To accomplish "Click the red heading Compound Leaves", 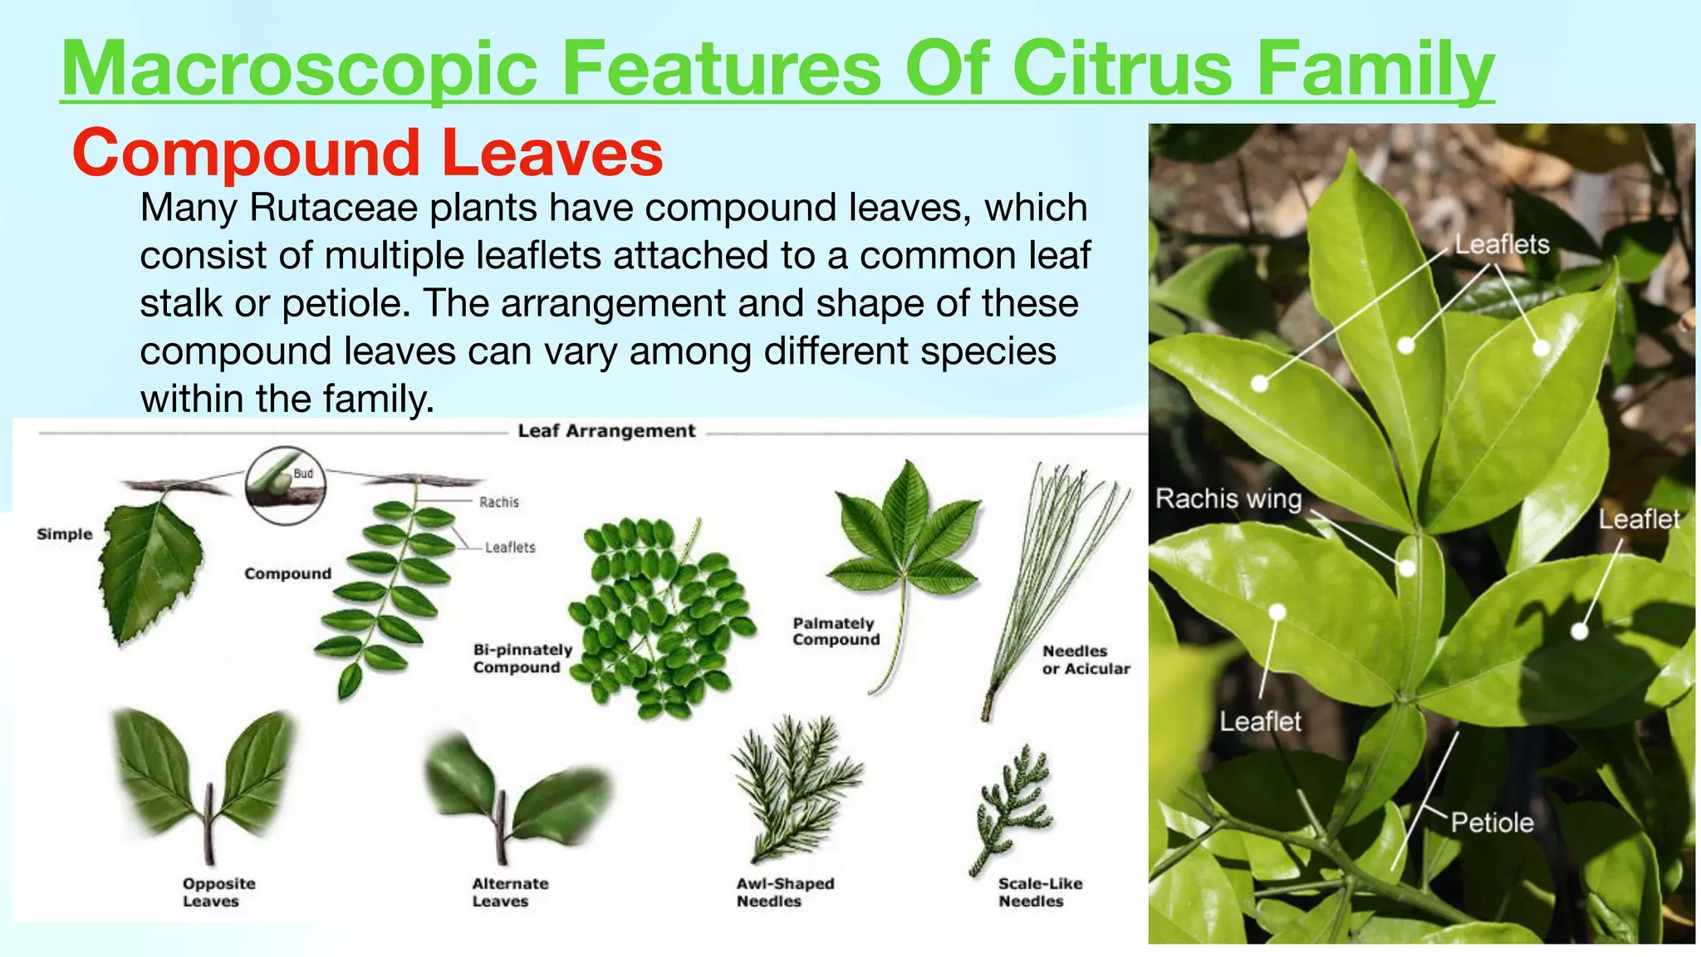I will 368,153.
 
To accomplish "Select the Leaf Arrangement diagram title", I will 606,431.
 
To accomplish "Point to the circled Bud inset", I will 285,485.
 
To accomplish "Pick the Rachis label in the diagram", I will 498,503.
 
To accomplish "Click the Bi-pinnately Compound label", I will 522,659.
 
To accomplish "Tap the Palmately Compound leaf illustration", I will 905,540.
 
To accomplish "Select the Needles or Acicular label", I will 1086,660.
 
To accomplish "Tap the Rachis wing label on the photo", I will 1228,499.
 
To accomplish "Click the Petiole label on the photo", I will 1492,823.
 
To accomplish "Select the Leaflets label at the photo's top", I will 1502,245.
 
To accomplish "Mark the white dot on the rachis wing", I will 1406,569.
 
